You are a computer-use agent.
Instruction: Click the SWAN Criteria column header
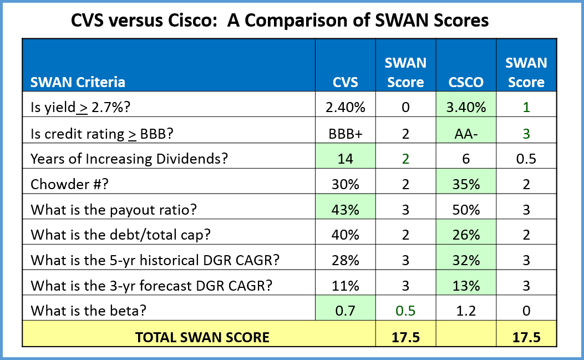[x=78, y=82]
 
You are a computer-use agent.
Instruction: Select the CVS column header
[x=345, y=82]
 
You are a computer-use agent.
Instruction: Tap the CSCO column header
[x=466, y=82]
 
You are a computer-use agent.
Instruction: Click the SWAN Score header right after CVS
[x=405, y=72]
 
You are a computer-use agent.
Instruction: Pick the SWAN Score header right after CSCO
[x=526, y=72]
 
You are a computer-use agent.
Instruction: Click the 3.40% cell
[x=466, y=108]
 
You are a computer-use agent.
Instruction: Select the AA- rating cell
[x=466, y=133]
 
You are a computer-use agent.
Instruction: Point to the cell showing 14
[x=345, y=159]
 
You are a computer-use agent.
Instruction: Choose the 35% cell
[x=466, y=184]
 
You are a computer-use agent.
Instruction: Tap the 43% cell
[x=345, y=210]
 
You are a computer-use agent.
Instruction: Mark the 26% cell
[x=466, y=235]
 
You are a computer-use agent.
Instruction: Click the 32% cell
[x=466, y=260]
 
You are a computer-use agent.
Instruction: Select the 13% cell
[x=466, y=286]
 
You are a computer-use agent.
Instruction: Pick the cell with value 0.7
[x=345, y=311]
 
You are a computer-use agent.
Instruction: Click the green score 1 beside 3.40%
[x=526, y=107]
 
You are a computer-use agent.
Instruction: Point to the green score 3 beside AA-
[x=526, y=133]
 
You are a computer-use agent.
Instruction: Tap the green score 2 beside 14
[x=405, y=159]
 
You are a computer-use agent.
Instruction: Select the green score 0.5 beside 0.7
[x=405, y=311]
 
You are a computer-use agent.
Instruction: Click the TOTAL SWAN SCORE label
[x=202, y=337]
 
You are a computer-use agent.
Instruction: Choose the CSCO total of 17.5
[x=526, y=337]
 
